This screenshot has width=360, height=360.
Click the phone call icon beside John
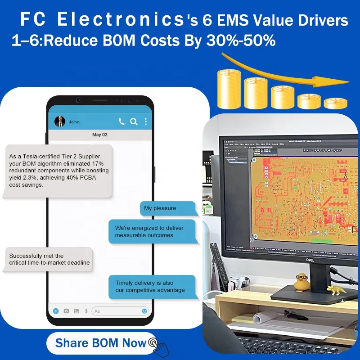[x=121, y=121]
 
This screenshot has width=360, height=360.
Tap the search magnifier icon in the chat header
[x=134, y=121]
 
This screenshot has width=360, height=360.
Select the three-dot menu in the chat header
[x=146, y=121]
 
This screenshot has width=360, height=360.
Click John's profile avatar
[x=60, y=121]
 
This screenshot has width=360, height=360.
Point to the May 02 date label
[x=100, y=135]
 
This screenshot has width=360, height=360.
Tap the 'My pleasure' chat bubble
[x=167, y=208]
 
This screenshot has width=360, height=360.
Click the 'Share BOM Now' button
[x=101, y=343]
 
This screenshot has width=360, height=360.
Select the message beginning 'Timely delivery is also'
[x=152, y=287]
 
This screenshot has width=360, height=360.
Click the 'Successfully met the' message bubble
[x=48, y=259]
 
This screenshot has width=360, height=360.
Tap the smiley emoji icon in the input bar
[x=144, y=311]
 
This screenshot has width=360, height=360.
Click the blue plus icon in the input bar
[x=56, y=311]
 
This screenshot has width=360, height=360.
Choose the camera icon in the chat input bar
[x=66, y=311]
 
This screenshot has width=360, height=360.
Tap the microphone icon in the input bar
[x=86, y=311]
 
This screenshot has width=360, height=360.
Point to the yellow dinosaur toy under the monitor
[x=336, y=289]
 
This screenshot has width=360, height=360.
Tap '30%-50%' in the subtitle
[x=241, y=41]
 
